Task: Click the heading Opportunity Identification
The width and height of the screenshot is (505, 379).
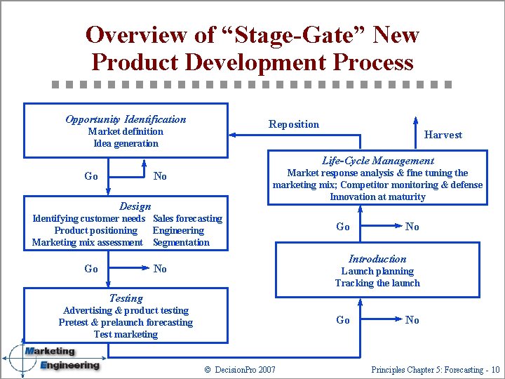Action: tap(126, 119)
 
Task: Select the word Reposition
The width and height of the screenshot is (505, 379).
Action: tap(293, 124)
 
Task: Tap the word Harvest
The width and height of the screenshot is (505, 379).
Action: tap(443, 135)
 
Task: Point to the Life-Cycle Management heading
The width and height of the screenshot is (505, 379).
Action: tap(377, 161)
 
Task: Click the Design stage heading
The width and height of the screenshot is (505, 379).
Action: tap(135, 206)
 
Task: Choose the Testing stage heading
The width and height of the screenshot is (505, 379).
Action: tap(126, 298)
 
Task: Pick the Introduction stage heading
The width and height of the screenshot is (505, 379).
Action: tap(377, 259)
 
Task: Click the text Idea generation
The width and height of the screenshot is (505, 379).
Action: tap(126, 143)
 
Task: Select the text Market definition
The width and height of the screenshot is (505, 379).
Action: tap(126, 131)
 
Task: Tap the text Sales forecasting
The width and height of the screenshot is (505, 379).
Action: tap(187, 218)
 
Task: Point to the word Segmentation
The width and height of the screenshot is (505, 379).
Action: tap(181, 242)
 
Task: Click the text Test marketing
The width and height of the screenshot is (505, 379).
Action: tap(126, 334)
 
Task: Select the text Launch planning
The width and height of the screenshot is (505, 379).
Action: tap(377, 271)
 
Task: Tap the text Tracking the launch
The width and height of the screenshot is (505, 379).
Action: tap(377, 283)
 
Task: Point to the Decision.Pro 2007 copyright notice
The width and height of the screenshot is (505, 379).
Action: tap(239, 369)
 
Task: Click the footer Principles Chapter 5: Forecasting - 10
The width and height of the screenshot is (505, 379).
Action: tap(436, 369)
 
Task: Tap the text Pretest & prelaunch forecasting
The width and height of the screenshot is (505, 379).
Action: tap(126, 322)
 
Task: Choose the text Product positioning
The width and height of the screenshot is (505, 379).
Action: tap(95, 230)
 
